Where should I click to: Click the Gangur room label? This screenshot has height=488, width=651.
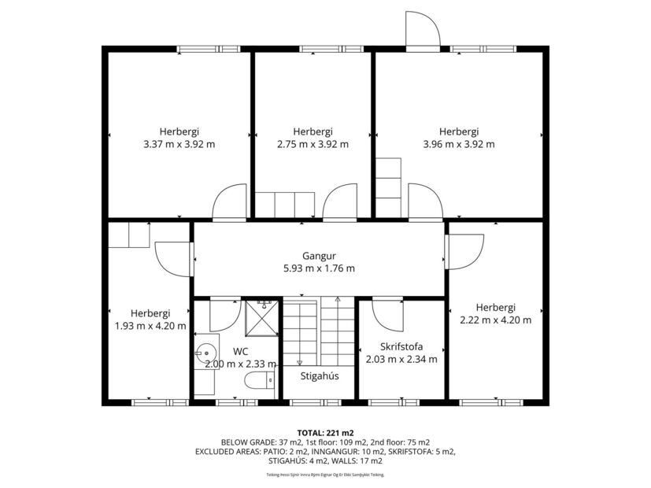tap(319, 256)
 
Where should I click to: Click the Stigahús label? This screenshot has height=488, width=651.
tap(320, 375)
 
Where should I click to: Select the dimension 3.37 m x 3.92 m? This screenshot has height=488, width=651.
tap(179, 144)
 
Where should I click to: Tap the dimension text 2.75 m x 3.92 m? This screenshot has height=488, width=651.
tap(313, 144)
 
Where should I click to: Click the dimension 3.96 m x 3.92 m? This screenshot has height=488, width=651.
tap(459, 144)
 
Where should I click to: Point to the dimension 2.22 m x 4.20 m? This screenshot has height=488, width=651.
tap(495, 320)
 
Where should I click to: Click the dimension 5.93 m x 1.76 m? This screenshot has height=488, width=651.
tap(319, 268)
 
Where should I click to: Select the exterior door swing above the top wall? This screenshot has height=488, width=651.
tap(423, 31)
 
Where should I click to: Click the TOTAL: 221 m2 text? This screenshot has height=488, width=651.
tap(319, 432)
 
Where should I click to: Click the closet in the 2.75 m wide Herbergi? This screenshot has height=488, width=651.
tap(285, 205)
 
